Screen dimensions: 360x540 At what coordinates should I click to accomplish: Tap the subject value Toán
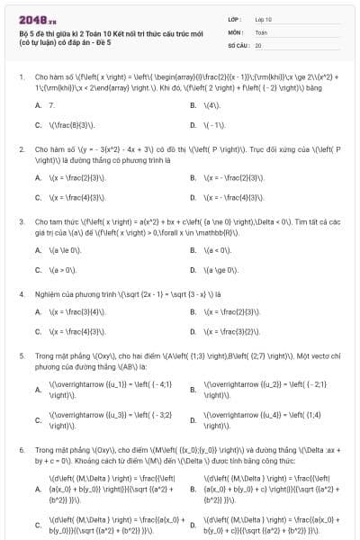tap(260, 31)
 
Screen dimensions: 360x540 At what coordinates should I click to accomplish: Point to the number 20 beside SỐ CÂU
tap(258, 44)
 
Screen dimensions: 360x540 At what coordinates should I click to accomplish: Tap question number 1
tap(21, 77)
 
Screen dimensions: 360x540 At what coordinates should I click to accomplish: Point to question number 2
tap(21, 150)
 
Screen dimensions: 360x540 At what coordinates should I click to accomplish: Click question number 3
tap(21, 221)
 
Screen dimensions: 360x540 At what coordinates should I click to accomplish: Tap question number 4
tap(21, 294)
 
